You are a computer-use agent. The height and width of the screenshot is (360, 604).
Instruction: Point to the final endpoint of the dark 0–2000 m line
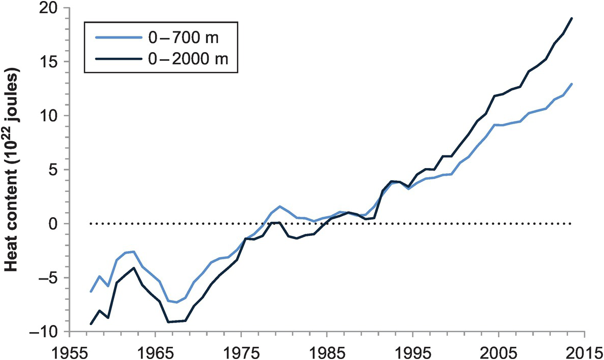click(572, 18)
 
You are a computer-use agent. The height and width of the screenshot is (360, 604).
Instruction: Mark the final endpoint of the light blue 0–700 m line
click(572, 84)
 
